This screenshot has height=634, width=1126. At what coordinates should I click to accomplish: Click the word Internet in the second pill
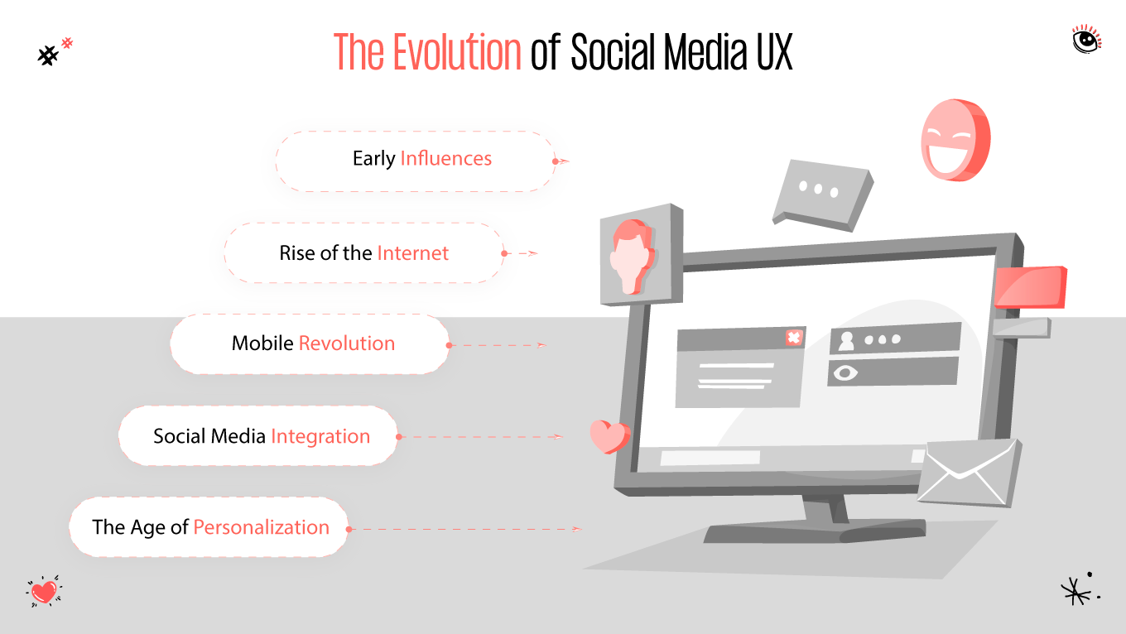pos(412,253)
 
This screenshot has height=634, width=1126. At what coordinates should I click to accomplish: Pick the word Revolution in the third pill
pos(346,343)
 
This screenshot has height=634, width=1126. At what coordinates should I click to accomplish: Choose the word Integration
pos(320,436)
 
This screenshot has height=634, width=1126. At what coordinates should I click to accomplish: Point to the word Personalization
pos(261,527)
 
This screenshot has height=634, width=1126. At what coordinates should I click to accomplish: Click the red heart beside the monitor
pos(609,436)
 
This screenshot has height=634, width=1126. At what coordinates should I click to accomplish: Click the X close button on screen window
pos(794,338)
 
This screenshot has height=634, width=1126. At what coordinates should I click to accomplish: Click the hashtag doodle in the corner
pos(53,53)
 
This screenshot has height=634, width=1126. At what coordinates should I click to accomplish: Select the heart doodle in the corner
pos(45,592)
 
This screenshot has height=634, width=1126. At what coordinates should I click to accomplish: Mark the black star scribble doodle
pos(1077,588)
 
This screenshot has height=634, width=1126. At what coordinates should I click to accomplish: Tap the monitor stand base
pos(816,532)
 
